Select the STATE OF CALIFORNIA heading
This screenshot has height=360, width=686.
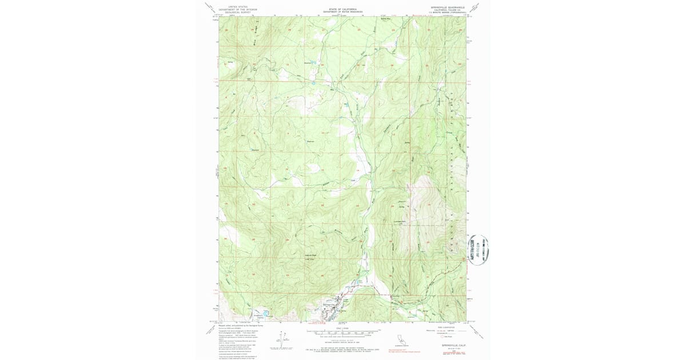[x=343, y=9]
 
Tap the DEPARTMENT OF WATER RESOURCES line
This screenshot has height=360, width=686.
[x=343, y=12]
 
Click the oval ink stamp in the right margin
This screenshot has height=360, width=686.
[x=478, y=250]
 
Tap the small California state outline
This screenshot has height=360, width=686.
[x=400, y=338]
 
